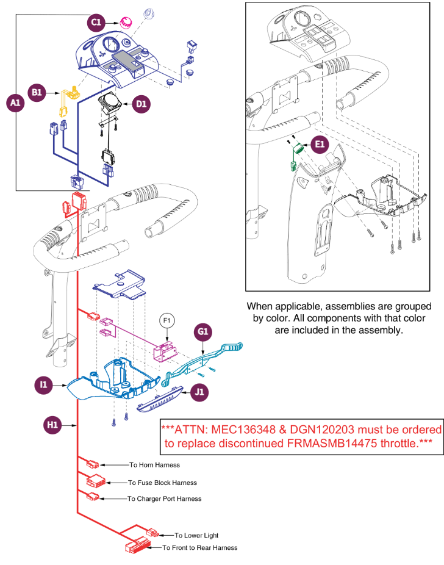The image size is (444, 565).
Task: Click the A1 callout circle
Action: click(15, 104)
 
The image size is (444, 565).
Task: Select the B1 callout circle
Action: click(38, 92)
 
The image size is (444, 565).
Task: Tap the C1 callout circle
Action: click(95, 23)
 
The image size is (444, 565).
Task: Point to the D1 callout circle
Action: click(141, 104)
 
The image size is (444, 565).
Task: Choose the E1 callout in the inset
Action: click(320, 145)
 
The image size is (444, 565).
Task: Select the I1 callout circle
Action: click(43, 386)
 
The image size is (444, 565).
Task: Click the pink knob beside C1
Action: click(127, 22)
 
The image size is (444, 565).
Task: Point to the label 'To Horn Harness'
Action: click(154, 465)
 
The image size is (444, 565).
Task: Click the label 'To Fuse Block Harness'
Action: click(162, 483)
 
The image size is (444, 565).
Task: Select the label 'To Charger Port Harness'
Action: click(164, 498)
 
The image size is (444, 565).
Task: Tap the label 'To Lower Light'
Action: click(196, 535)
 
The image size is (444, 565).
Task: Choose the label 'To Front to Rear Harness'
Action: click(199, 547)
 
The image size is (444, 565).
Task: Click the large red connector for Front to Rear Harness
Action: click(139, 546)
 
